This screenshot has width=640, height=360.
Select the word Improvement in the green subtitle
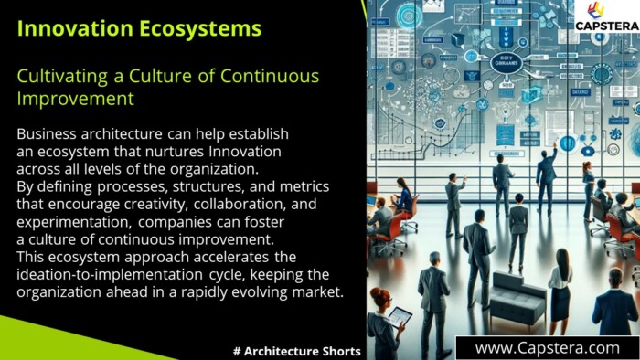[75, 99]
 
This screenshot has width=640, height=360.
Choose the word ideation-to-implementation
[108, 274]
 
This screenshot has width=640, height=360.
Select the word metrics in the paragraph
[303, 186]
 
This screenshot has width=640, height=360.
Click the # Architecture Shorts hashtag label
[297, 351]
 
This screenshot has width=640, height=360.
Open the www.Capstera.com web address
[547, 348]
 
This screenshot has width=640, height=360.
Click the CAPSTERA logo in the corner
[606, 18]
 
